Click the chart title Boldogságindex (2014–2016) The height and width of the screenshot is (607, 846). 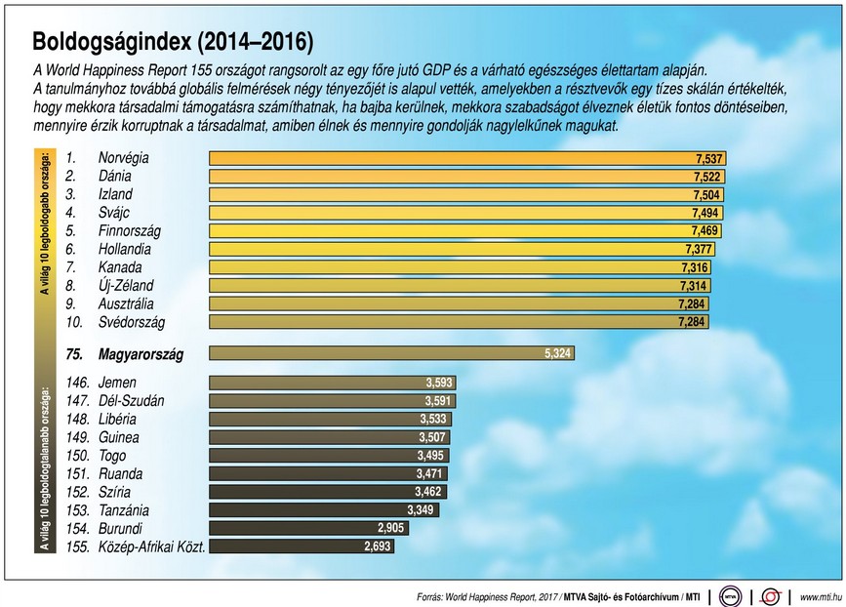coord(173,42)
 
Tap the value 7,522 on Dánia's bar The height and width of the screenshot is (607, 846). coord(708,177)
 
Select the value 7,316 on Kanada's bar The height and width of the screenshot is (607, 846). coord(695,267)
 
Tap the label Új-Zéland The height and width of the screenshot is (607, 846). coord(127,286)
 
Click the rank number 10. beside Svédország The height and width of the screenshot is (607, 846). coord(75,322)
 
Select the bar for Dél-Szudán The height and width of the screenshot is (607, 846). coord(332,401)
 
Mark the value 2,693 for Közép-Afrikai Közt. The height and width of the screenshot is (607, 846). coord(377,546)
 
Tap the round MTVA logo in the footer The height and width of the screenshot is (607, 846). coord(730,595)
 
